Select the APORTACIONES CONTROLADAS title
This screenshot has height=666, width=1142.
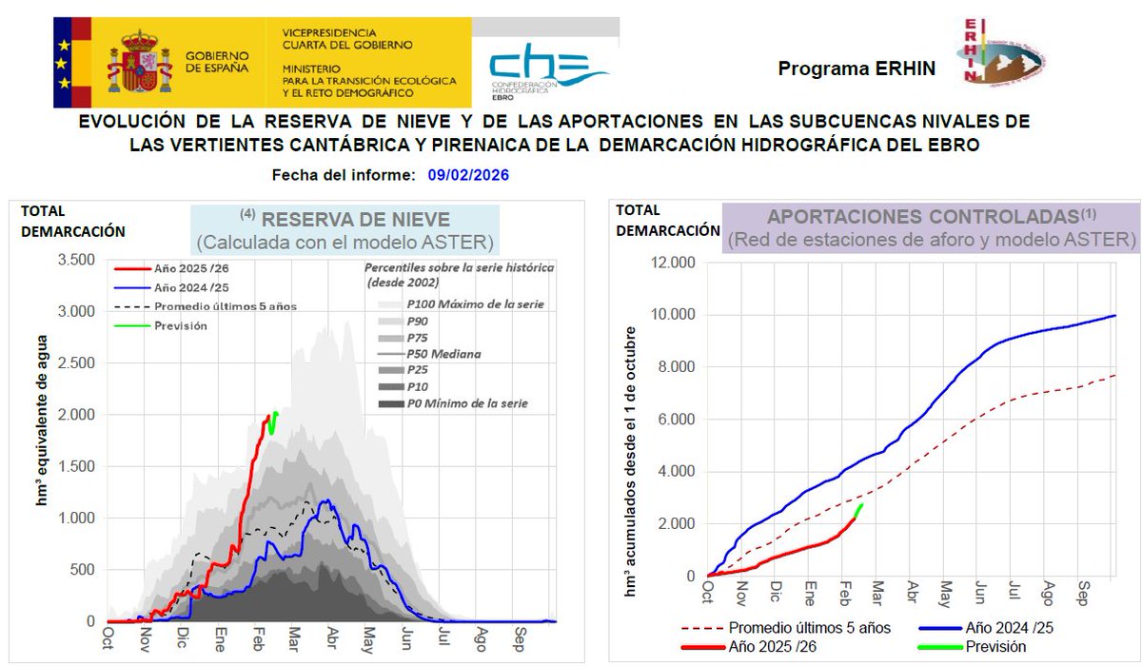[931, 217]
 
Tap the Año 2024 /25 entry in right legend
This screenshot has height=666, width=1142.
[1009, 628]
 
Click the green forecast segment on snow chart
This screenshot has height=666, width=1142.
[273, 422]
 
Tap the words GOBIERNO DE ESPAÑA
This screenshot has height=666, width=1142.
[217, 62]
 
